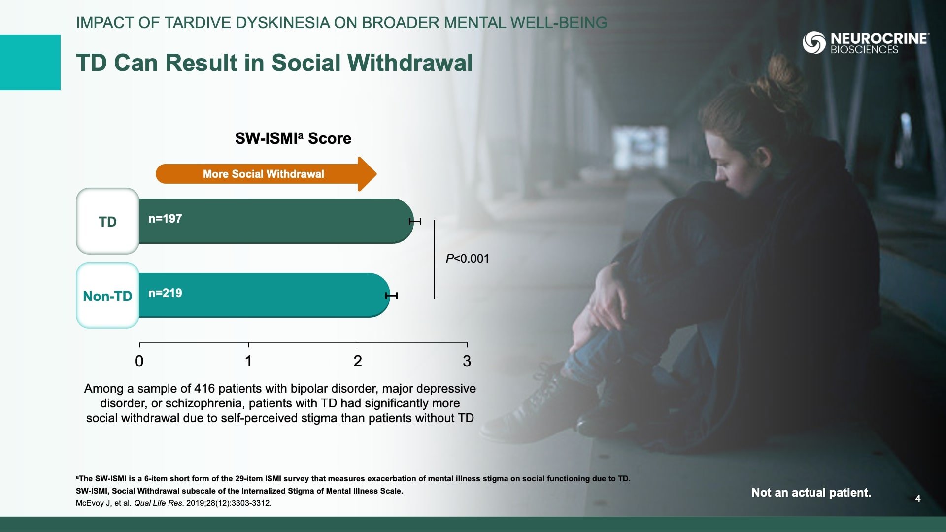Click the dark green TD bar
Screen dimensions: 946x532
coord(276,221)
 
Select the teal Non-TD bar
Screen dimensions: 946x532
coord(265,295)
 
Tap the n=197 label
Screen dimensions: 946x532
coord(165,219)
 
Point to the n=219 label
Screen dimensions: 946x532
coord(165,293)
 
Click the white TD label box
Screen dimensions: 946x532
coord(107,221)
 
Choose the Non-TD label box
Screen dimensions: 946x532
coord(107,296)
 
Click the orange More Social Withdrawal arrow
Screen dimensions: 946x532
coord(266,174)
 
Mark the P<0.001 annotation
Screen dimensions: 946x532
coord(467,259)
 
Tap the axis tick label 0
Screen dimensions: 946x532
coord(139,361)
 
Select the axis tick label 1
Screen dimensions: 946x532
coord(248,361)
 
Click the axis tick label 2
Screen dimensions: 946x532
coord(358,361)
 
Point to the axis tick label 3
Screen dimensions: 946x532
coord(467,361)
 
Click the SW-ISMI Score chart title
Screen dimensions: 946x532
coord(293,138)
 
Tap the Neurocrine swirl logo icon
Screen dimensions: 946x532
coord(814,42)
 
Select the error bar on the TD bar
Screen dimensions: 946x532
coord(415,221)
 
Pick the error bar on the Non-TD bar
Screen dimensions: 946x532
coord(391,296)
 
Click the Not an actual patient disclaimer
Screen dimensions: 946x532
coord(811,493)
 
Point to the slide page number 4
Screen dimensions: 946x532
coord(918,499)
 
